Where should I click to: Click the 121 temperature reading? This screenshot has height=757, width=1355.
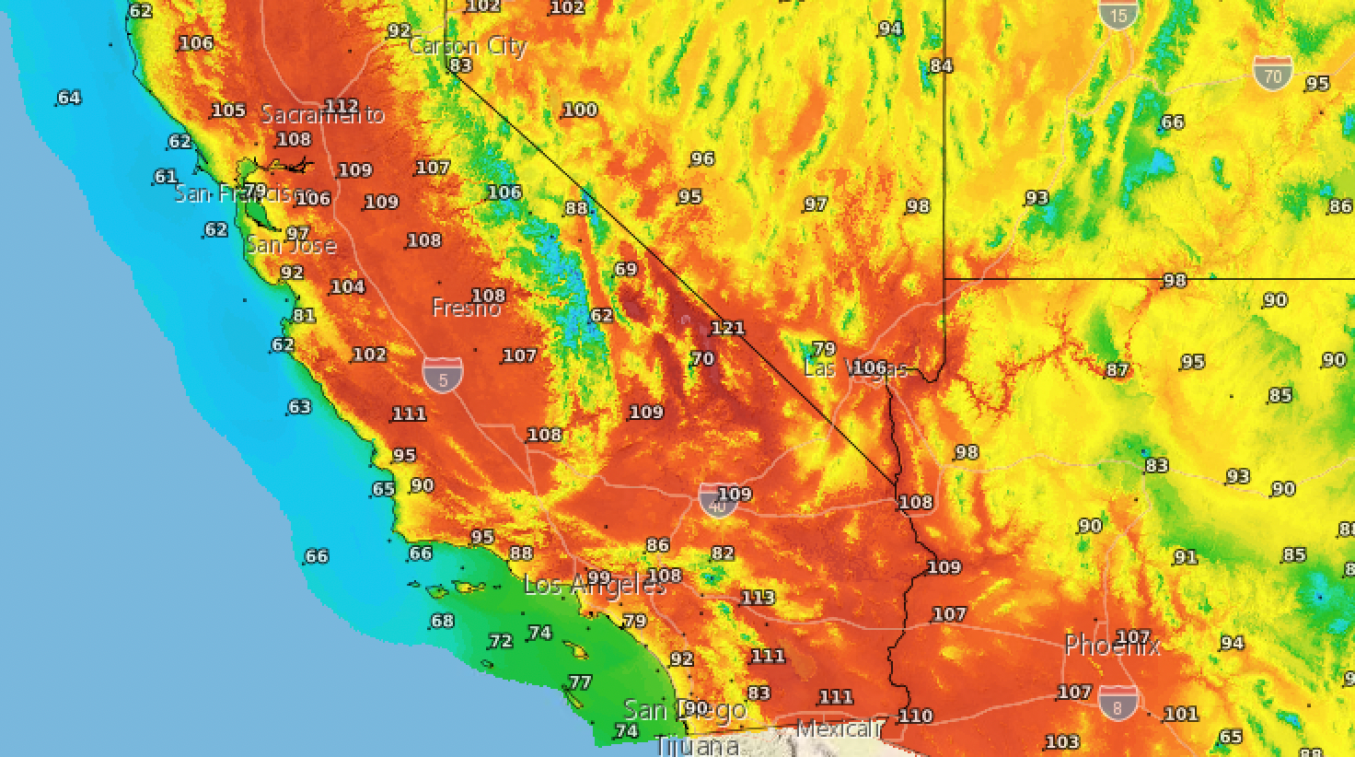pyautogui.click(x=727, y=328)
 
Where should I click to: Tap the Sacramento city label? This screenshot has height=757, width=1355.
pyautogui.click(x=322, y=115)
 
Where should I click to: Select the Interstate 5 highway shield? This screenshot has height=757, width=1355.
pyautogui.click(x=443, y=376)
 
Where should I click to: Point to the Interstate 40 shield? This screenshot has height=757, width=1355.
pyautogui.click(x=717, y=501)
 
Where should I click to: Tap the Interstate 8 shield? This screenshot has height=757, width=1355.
pyautogui.click(x=1118, y=703)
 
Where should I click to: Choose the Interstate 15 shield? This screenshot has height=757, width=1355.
pyautogui.click(x=1118, y=13)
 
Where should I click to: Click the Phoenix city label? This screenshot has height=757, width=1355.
pyautogui.click(x=1111, y=646)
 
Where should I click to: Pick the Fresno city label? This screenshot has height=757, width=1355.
pyautogui.click(x=466, y=309)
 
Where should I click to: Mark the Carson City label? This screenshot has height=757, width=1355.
pyautogui.click(x=467, y=46)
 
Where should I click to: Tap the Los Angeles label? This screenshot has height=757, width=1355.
pyautogui.click(x=594, y=585)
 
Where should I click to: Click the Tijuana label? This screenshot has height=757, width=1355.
pyautogui.click(x=697, y=746)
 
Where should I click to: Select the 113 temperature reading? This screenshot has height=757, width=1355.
pyautogui.click(x=758, y=598)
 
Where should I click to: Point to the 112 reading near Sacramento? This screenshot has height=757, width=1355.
pyautogui.click(x=342, y=106)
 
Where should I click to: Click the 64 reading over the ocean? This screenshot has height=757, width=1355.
pyautogui.click(x=69, y=98)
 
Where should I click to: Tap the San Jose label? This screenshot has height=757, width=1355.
pyautogui.click(x=290, y=245)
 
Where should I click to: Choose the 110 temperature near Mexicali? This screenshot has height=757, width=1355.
pyautogui.click(x=915, y=716)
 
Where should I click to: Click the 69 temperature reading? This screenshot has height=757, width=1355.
pyautogui.click(x=625, y=270)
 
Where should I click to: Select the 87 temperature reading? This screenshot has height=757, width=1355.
pyautogui.click(x=1117, y=370)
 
